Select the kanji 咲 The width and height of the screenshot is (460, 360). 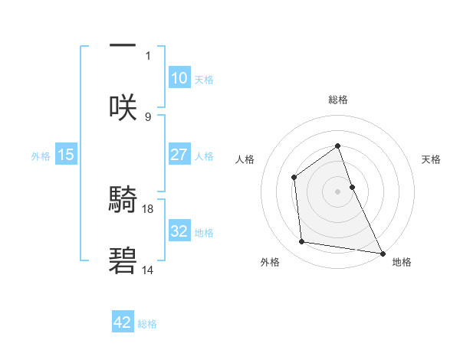click(123, 106)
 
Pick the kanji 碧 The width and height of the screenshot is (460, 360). click(123, 261)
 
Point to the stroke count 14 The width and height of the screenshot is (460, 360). click(148, 270)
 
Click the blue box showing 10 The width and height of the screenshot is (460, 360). click(179, 77)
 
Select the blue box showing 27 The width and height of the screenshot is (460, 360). click(179, 155)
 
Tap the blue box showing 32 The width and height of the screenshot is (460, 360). click(179, 231)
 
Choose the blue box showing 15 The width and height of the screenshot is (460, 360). click(65, 155)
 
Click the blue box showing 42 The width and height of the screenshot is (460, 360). click(122, 322)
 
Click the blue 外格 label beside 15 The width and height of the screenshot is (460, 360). click(41, 156)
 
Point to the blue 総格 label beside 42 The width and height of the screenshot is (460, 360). click(147, 324)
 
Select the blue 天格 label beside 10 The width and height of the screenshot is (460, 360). click(204, 79)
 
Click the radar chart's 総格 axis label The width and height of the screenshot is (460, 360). click(337, 100)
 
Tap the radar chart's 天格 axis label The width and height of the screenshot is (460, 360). click(432, 159)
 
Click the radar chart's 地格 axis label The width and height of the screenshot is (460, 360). click(402, 262)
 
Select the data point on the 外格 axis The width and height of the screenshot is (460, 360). click(302, 242)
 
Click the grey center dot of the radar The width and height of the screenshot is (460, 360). click(337, 191)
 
